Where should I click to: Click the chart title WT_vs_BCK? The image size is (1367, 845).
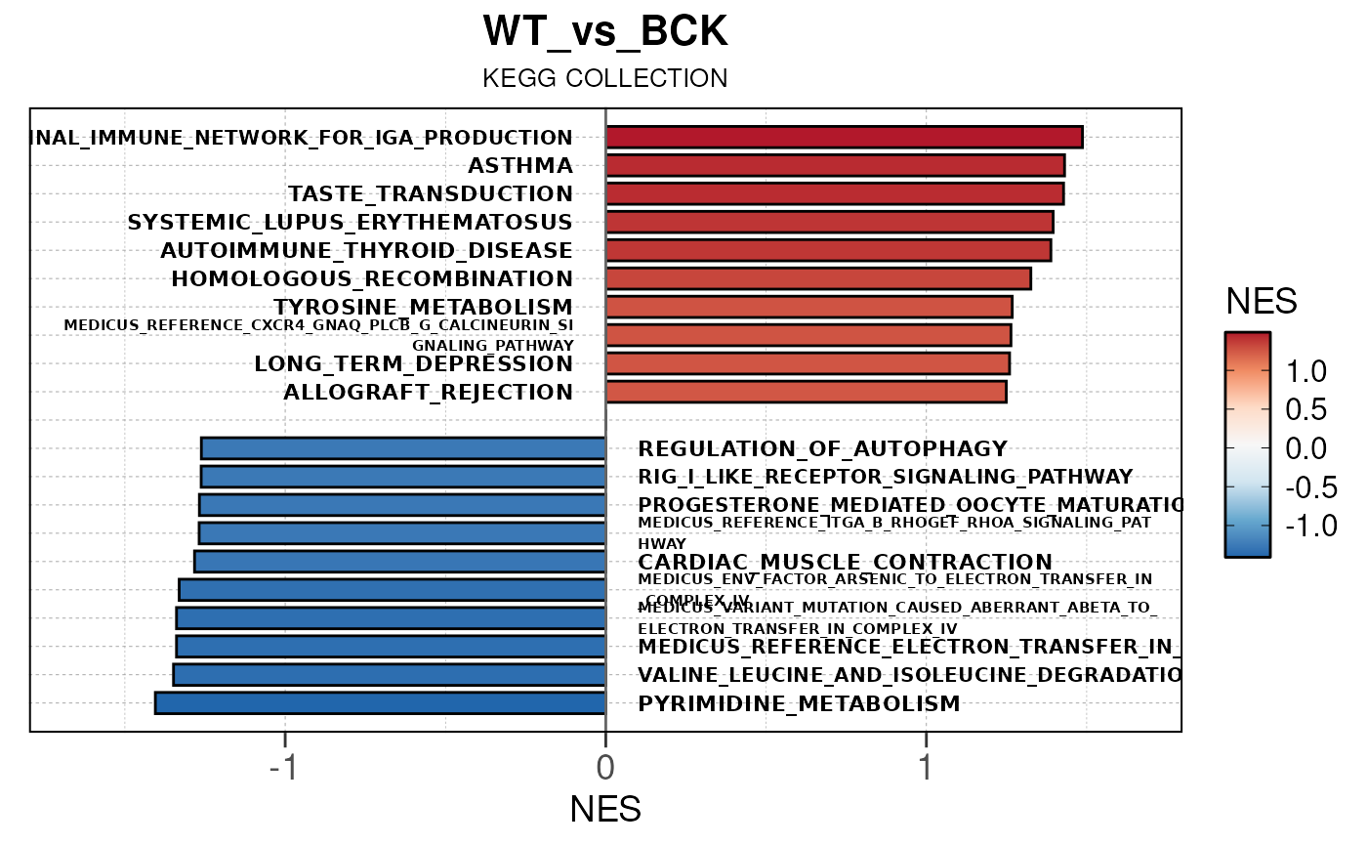(604, 33)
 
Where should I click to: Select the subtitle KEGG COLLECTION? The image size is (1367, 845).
(604, 79)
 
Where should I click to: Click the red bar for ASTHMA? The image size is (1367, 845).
(835, 165)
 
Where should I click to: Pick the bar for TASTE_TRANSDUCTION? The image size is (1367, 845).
(835, 193)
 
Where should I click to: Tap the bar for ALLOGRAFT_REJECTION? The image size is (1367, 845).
(806, 392)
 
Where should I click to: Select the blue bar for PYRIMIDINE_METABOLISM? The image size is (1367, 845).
(381, 703)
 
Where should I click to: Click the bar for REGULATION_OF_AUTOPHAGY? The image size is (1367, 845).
(403, 448)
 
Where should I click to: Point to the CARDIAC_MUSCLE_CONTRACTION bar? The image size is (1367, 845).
(400, 562)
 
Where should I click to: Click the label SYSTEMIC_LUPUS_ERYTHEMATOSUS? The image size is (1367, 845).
(350, 223)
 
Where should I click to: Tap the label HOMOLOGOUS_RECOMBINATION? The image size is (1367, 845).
(372, 279)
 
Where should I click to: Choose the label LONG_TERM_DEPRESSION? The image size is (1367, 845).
(413, 364)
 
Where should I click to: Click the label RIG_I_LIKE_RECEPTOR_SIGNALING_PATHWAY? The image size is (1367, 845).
(885, 478)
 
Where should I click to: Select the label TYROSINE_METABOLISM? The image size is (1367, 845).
(423, 307)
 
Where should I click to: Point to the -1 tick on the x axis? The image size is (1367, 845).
(284, 764)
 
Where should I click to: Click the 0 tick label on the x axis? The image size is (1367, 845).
(605, 764)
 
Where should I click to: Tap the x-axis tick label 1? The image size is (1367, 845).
(926, 764)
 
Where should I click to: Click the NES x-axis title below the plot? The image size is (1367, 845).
(605, 809)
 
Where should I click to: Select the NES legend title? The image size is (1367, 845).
(1262, 302)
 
